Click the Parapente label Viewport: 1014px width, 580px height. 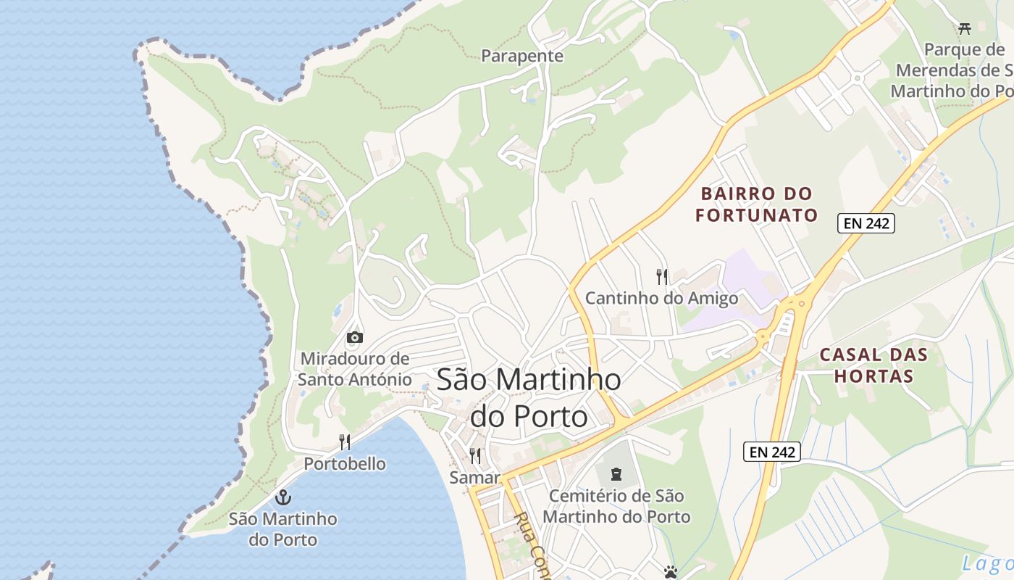click(x=522, y=56)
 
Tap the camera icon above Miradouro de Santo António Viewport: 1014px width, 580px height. click(x=355, y=337)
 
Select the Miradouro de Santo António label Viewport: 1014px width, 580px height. click(x=354, y=369)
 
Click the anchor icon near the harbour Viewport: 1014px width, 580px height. click(x=283, y=497)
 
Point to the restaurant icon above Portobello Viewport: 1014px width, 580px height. click(x=345, y=442)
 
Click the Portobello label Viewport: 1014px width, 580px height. click(x=345, y=464)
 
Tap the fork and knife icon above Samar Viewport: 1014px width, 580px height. click(x=475, y=456)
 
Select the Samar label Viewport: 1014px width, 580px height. click(x=475, y=478)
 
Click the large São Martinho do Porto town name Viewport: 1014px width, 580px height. click(x=529, y=398)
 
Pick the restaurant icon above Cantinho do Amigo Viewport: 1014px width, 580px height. click(x=661, y=276)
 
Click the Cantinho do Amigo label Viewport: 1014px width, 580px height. click(x=661, y=298)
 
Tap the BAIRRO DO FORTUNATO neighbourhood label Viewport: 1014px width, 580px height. click(x=756, y=204)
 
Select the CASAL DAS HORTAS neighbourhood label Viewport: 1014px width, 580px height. click(x=873, y=365)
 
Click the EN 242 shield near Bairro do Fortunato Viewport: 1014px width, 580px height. click(x=866, y=223)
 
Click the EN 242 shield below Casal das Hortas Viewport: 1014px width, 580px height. click(x=772, y=452)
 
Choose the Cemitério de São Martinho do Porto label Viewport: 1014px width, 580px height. click(x=616, y=507)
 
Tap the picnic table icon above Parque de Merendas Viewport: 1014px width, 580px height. click(x=964, y=29)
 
